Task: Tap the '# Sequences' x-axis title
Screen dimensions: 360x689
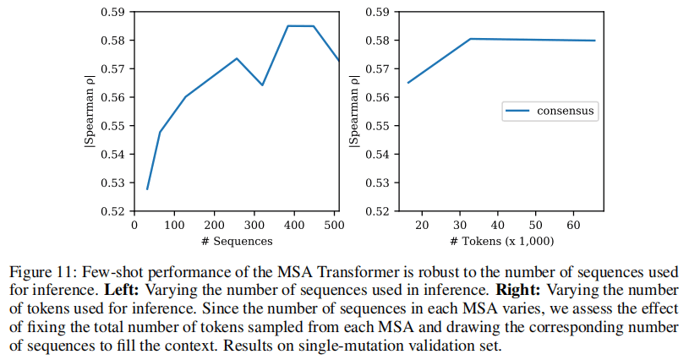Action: pyautogui.click(x=236, y=242)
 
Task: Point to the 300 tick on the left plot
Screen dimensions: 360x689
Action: pyautogui.click(x=254, y=225)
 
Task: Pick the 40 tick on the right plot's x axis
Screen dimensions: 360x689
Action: pyautogui.click(x=498, y=225)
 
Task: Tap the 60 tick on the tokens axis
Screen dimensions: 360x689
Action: pyautogui.click(x=573, y=225)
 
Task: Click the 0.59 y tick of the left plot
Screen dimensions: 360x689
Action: pyautogui.click(x=113, y=13)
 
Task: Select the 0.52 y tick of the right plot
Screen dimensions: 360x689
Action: pyautogui.click(x=377, y=211)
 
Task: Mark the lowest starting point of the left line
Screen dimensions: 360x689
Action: pyautogui.click(x=147, y=189)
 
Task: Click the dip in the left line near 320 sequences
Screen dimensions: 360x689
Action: pyautogui.click(x=262, y=85)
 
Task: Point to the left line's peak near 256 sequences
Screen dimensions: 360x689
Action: pyautogui.click(x=237, y=58)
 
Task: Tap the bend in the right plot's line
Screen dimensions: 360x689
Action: pyautogui.click(x=470, y=39)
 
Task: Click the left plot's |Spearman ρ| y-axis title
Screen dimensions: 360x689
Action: pyautogui.click(x=89, y=112)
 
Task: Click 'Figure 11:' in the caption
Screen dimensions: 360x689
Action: pyautogui.click(x=39, y=272)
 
